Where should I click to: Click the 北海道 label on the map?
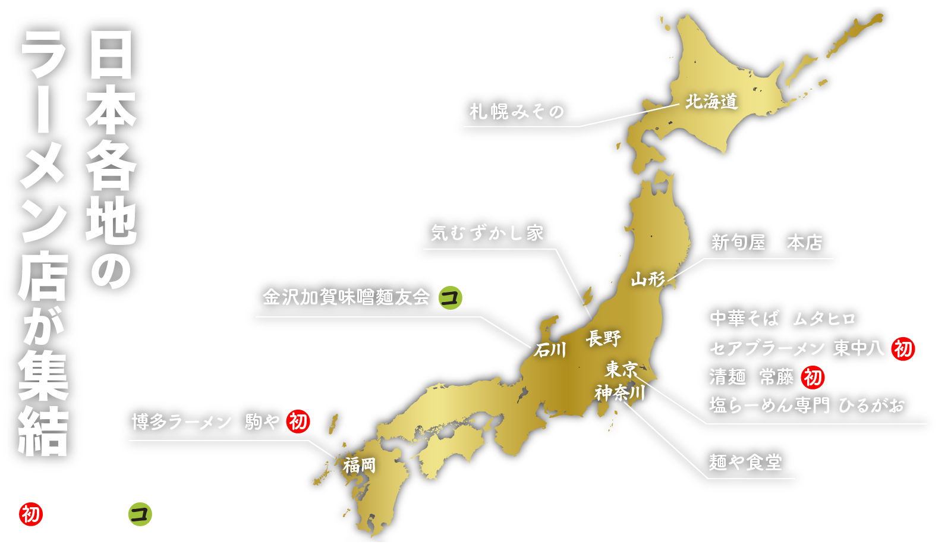pyautogui.click(x=711, y=102)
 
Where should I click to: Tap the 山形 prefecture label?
pyautogui.click(x=648, y=278)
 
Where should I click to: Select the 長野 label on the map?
pyautogui.click(x=603, y=338)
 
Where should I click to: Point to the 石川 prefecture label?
pyautogui.click(x=550, y=350)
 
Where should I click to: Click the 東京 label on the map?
pyautogui.click(x=621, y=369)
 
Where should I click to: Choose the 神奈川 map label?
pyautogui.click(x=620, y=392)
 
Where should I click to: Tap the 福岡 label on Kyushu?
pyautogui.click(x=360, y=465)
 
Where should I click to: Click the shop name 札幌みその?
pyautogui.click(x=517, y=111)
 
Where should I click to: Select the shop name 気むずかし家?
pyautogui.click(x=487, y=232)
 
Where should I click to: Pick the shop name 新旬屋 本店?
pyautogui.click(x=767, y=243)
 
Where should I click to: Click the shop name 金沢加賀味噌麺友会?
pyautogui.click(x=346, y=297)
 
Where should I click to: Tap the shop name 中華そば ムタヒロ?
pyautogui.click(x=782, y=319)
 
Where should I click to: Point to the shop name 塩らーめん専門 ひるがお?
pyautogui.click(x=807, y=405)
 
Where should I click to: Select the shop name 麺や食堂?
pyautogui.click(x=745, y=462)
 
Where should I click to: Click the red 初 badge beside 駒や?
pyautogui.click(x=298, y=422)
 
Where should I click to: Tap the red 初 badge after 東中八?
pyautogui.click(x=903, y=348)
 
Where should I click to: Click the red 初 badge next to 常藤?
pyautogui.click(x=813, y=377)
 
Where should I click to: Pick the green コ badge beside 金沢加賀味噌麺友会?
pyautogui.click(x=450, y=297)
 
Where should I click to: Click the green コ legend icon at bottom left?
pyautogui.click(x=140, y=514)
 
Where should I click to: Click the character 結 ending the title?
pyautogui.click(x=43, y=431)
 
